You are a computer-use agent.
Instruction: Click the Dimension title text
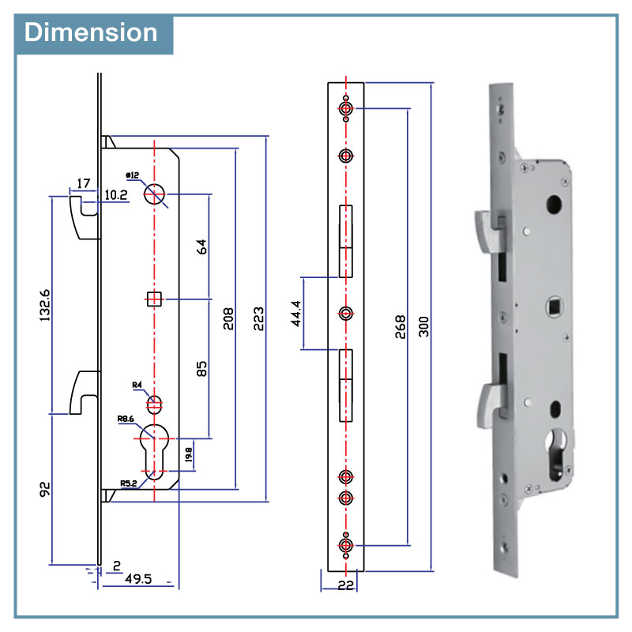91,32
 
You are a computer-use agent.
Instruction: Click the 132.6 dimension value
45,305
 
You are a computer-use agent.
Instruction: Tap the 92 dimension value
45,489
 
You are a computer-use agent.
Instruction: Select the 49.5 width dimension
138,579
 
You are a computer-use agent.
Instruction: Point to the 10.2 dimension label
115,195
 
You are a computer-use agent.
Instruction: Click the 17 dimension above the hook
84,183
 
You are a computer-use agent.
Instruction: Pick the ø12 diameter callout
132,175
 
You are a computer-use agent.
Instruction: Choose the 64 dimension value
201,246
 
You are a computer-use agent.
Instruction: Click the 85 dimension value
201,368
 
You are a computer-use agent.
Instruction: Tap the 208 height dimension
228,318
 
